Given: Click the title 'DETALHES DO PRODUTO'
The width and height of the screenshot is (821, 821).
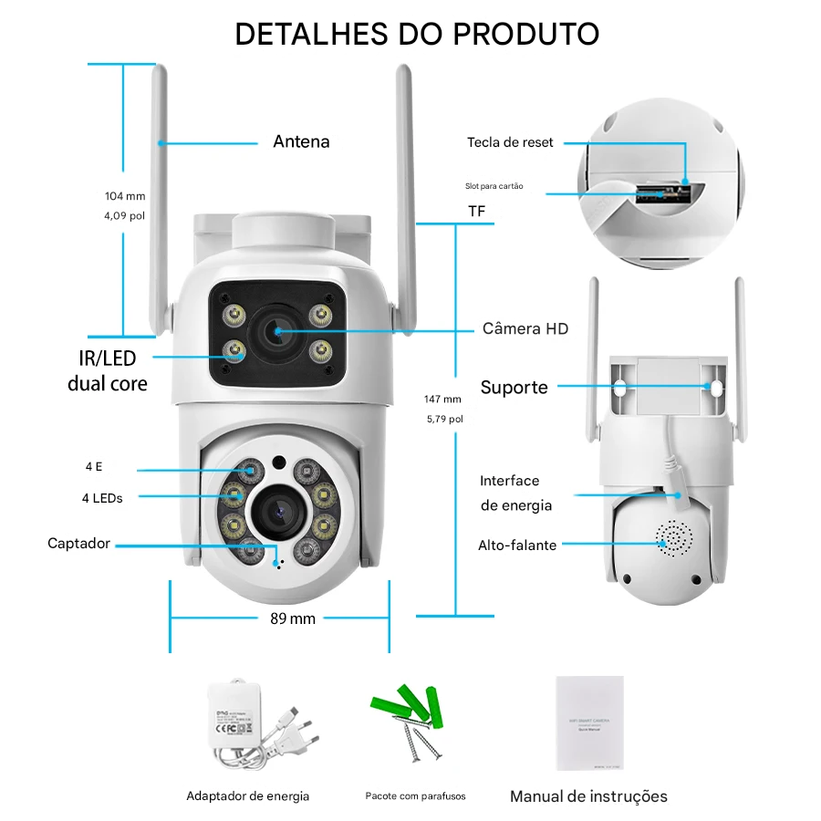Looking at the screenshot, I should point(417,34).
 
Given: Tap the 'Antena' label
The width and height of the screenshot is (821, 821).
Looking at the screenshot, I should point(301,141).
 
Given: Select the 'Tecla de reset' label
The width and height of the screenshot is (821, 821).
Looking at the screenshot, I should point(510,142).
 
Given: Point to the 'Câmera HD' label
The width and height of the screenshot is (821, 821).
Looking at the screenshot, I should point(525,328).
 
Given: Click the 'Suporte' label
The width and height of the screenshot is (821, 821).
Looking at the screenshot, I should point(514,388).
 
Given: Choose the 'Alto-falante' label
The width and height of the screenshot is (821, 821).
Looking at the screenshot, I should point(517,546).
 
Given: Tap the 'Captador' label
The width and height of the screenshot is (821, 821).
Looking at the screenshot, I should point(78,544).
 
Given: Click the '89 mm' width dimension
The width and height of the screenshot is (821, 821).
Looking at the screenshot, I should point(293,618).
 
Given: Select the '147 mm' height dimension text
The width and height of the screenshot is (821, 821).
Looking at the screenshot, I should point(443,399).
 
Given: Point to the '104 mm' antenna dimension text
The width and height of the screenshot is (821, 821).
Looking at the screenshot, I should point(125,196).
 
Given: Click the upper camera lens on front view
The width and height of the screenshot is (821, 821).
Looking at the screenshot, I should point(277,332).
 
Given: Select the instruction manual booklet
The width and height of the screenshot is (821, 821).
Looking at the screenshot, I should point(589,722).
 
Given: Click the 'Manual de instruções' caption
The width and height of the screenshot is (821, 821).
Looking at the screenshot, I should point(588,796).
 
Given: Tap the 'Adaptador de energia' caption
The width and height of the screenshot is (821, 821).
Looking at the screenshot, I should point(248,796).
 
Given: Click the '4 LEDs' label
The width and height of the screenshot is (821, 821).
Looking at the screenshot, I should point(101,497).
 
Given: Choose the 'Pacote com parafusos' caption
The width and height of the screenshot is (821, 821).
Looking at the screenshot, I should point(415,796).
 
